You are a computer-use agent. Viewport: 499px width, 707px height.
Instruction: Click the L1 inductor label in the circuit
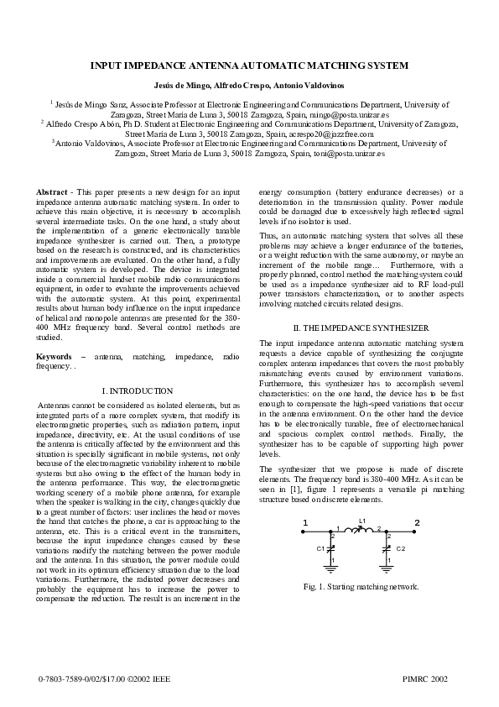tap(361, 521)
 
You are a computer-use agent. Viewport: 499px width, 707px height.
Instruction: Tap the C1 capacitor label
tap(320, 548)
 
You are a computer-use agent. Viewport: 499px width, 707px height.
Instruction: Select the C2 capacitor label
tap(400, 548)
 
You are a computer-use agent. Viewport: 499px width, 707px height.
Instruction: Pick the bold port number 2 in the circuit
tap(416, 524)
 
